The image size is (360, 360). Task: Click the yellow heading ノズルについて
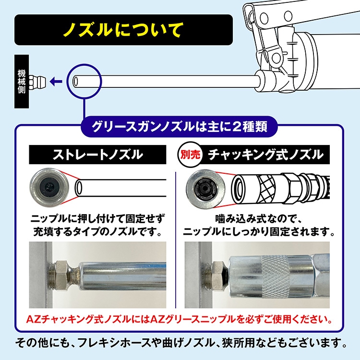pyautogui.click(x=123, y=30)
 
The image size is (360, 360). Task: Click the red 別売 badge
pyautogui.click(x=191, y=155)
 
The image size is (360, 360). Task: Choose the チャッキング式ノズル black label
pyautogui.click(x=265, y=155)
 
